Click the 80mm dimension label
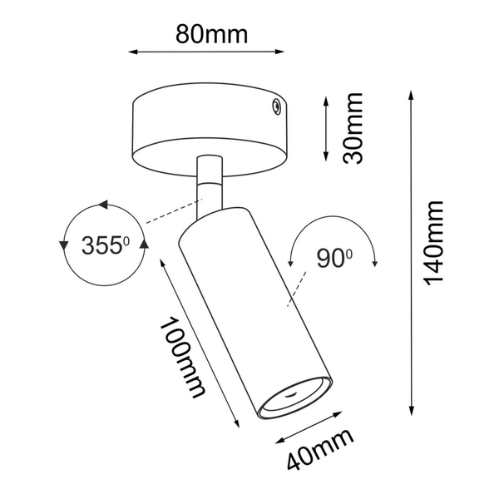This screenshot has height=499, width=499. coord(212,34)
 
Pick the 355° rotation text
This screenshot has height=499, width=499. coord(106,245)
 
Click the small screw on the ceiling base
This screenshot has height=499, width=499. coord(273,105)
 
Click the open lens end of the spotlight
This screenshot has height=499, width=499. coord(295,398)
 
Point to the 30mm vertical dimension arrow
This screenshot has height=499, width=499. coord(327,128)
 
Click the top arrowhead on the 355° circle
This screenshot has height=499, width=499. coord(103,204)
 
